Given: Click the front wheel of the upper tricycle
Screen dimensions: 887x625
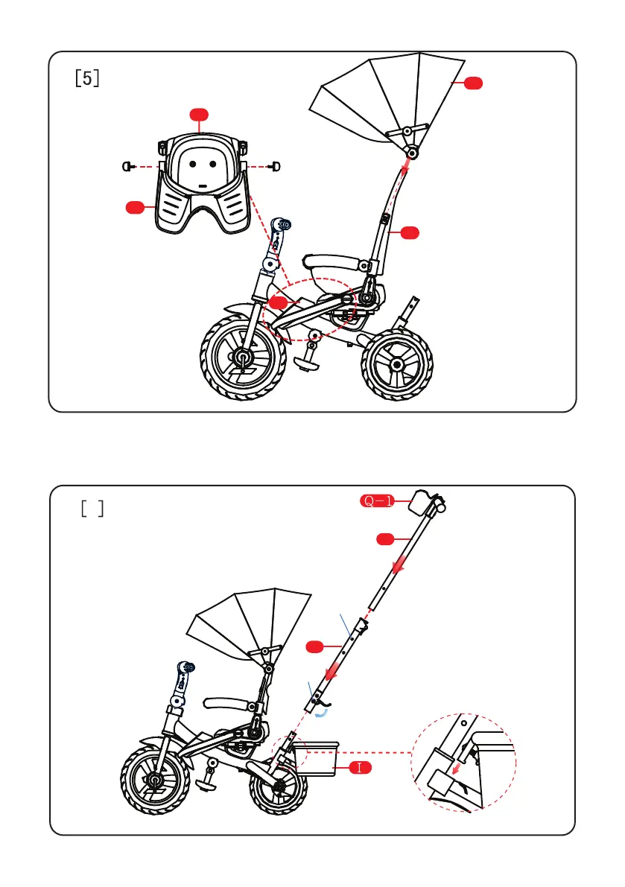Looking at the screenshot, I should click(242, 357).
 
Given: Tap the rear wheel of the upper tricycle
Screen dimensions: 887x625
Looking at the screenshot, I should click(397, 365).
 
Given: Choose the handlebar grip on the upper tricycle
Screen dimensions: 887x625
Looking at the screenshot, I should click(282, 224).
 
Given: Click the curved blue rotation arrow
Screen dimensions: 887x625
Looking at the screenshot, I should click(321, 712).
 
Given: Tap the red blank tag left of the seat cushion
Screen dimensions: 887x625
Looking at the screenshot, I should click(135, 207).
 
